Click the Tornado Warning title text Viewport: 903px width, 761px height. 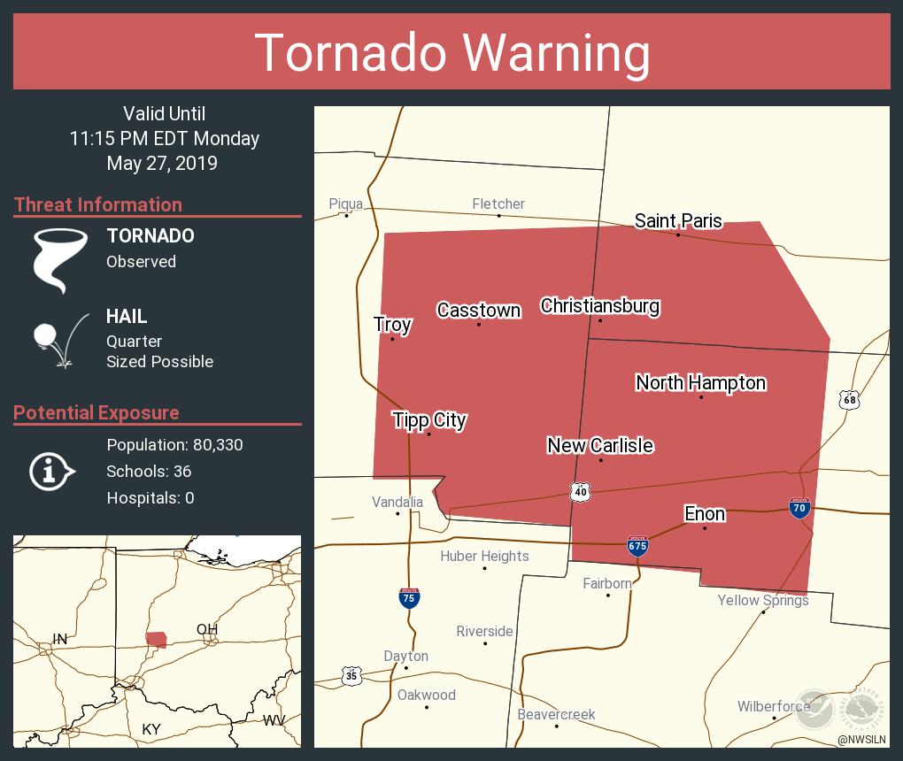coord(451,52)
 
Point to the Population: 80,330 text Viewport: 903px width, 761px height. coord(174,444)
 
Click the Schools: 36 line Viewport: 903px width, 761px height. coord(149,471)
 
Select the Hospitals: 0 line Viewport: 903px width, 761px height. coord(150,497)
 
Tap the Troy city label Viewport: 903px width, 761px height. coord(392,325)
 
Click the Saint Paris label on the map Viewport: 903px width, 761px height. coord(678,221)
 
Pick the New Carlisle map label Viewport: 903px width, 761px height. coord(600,445)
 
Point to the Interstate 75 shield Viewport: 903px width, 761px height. coord(408,599)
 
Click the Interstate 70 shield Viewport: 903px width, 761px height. coord(799,508)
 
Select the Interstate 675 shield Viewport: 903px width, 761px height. coord(637,546)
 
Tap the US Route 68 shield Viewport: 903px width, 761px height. coord(850,400)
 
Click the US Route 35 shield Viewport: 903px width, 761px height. coord(351,675)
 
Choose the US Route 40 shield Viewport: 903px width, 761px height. coord(580,491)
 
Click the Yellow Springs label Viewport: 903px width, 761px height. coord(762,600)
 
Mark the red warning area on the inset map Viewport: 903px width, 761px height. coord(157,639)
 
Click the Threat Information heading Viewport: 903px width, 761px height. coord(98,204)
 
